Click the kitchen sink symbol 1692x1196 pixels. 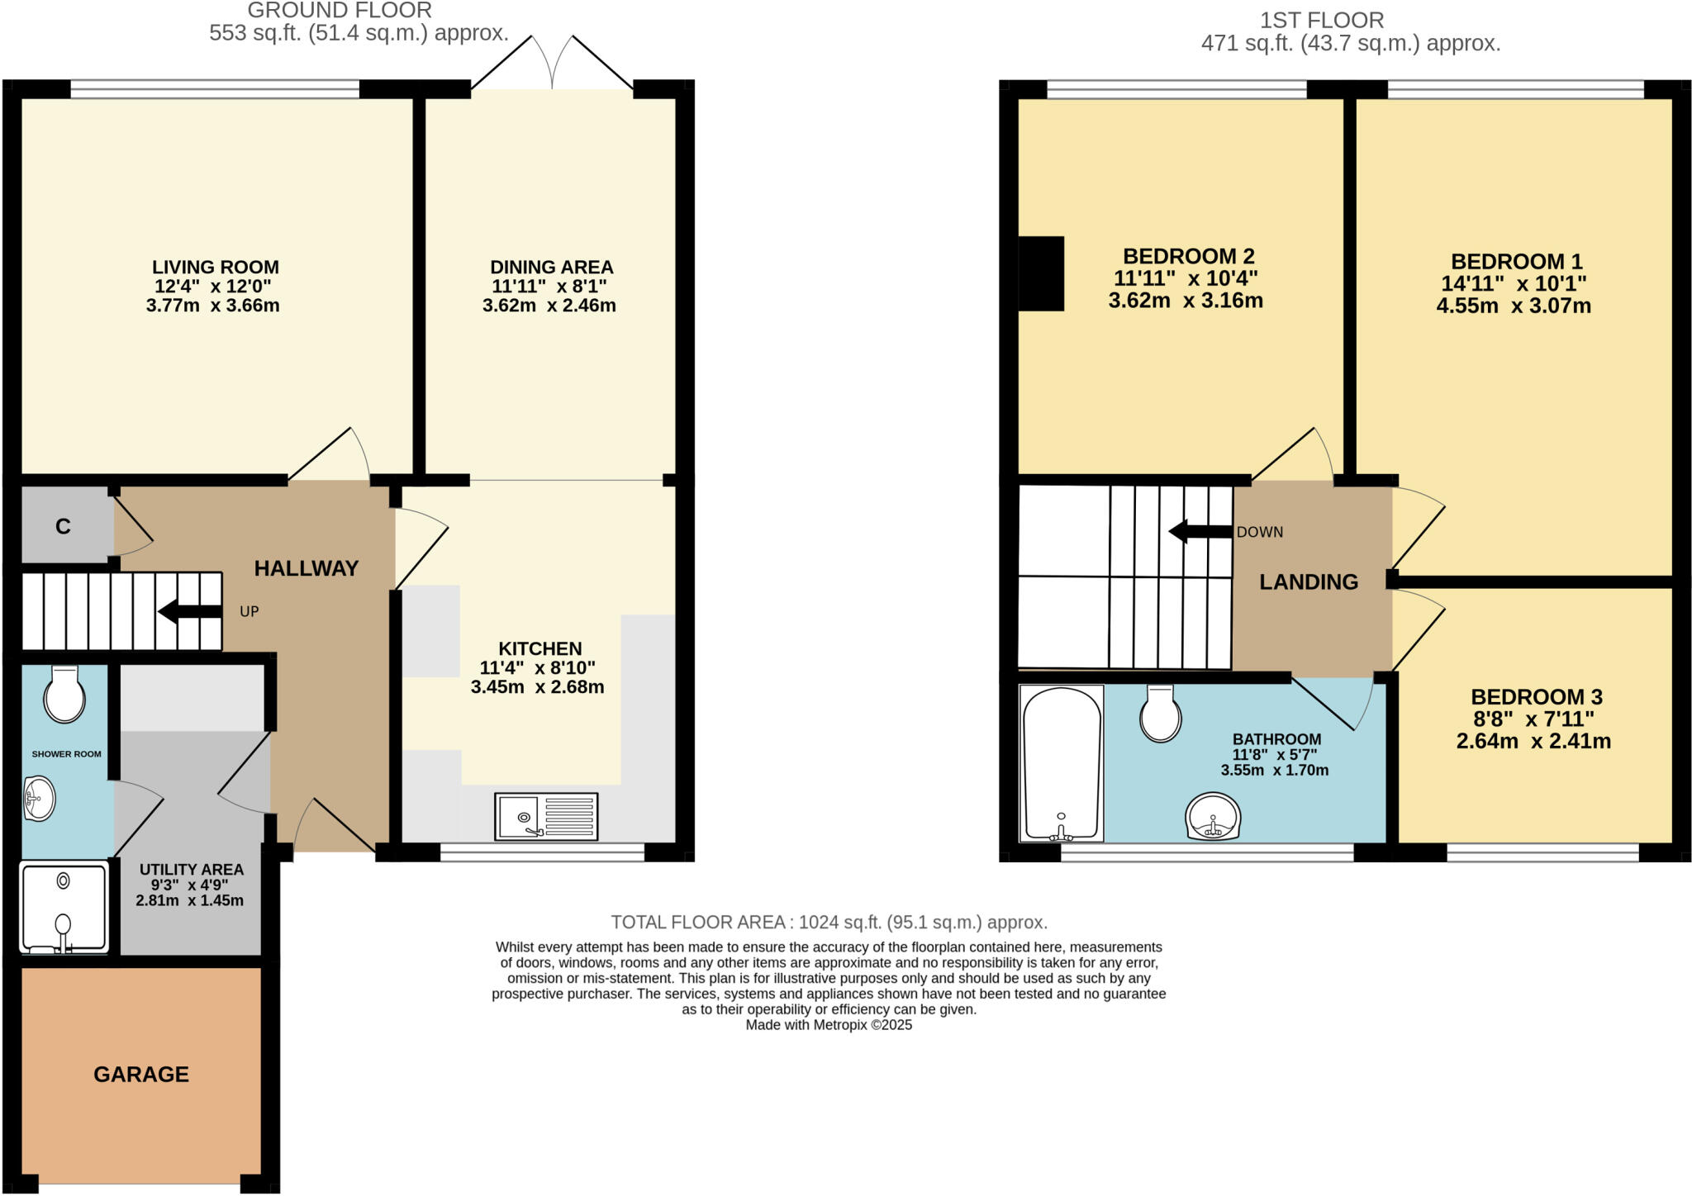tap(546, 816)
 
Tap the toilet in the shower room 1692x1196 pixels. tap(64, 695)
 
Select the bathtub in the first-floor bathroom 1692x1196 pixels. tap(1062, 762)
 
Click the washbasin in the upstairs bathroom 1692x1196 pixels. tap(1213, 817)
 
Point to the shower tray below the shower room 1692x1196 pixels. tap(64, 906)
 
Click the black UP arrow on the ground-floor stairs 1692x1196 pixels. tap(190, 612)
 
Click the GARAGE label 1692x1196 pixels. tap(141, 1074)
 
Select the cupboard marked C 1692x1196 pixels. tap(64, 526)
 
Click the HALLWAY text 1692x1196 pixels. tap(307, 568)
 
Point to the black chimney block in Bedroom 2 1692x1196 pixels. tap(1041, 273)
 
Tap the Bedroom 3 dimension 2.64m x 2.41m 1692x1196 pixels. tap(1533, 741)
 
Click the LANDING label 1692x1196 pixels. tap(1308, 581)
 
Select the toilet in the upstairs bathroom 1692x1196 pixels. tap(1160, 714)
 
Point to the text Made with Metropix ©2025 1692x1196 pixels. tap(829, 1025)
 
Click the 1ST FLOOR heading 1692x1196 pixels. tap(1321, 20)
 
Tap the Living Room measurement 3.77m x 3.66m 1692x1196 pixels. tap(213, 306)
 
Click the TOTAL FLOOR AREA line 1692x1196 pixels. tap(829, 922)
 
